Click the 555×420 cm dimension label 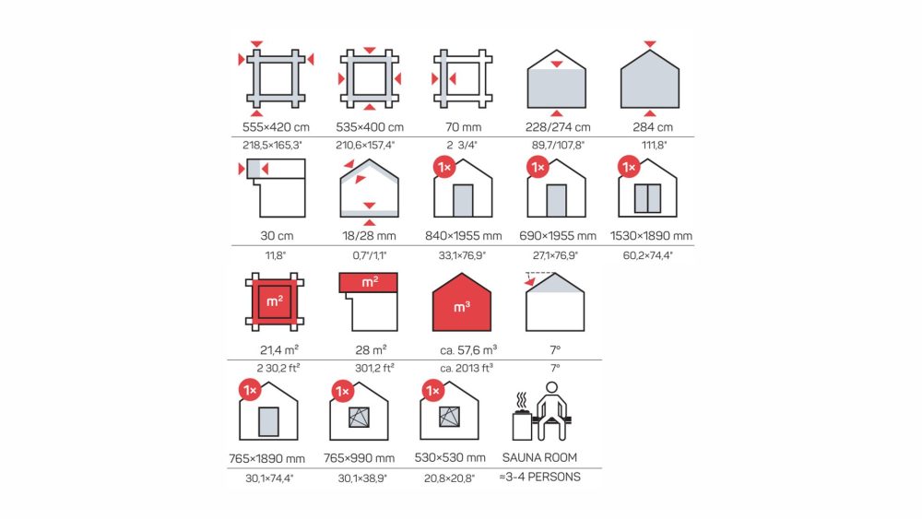276,127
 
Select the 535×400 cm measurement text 370,127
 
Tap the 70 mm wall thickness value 464,127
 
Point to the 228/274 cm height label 558,127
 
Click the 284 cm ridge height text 653,127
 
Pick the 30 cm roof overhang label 277,236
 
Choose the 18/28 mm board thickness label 370,236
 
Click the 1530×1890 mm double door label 651,236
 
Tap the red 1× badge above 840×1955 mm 444,168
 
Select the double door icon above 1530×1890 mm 647,198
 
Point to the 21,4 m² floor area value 279,350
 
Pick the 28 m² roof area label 371,350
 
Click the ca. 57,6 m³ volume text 468,350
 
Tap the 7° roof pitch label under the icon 555,350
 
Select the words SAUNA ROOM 539,457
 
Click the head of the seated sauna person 551,388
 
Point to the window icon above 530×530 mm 449,416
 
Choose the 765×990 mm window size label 360,458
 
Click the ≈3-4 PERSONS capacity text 539,477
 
